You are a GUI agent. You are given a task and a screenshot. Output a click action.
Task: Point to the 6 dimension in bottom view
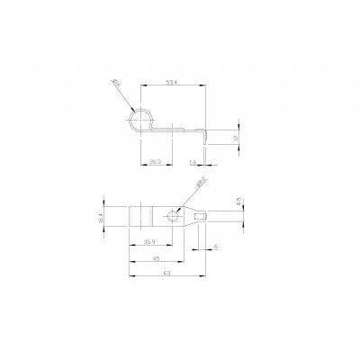[217, 245]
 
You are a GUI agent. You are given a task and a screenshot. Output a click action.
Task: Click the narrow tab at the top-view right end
[205, 217]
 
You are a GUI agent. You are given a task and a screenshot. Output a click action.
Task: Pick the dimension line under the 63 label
[167, 281]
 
